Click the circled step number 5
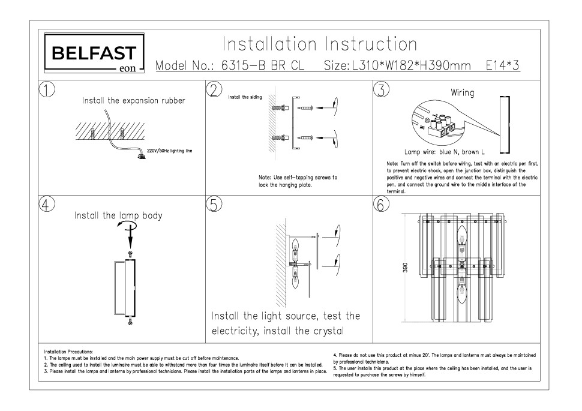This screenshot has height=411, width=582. [x=214, y=203]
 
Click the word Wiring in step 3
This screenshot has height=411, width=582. [x=462, y=94]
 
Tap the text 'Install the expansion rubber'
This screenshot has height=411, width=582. [x=133, y=101]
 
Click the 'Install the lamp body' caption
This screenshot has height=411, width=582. [x=118, y=215]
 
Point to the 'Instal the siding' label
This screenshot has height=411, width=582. [x=245, y=97]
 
